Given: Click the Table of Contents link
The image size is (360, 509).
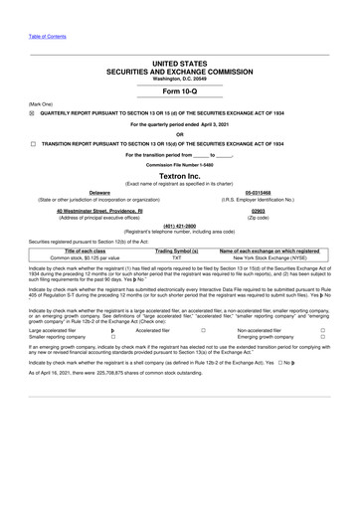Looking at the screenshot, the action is (x=48, y=37).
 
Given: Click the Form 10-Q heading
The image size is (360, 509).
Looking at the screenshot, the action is (x=179, y=91).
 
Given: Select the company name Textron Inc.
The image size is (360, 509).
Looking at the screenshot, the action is (x=179, y=175).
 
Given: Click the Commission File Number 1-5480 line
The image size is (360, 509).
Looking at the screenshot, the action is (x=179, y=162).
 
